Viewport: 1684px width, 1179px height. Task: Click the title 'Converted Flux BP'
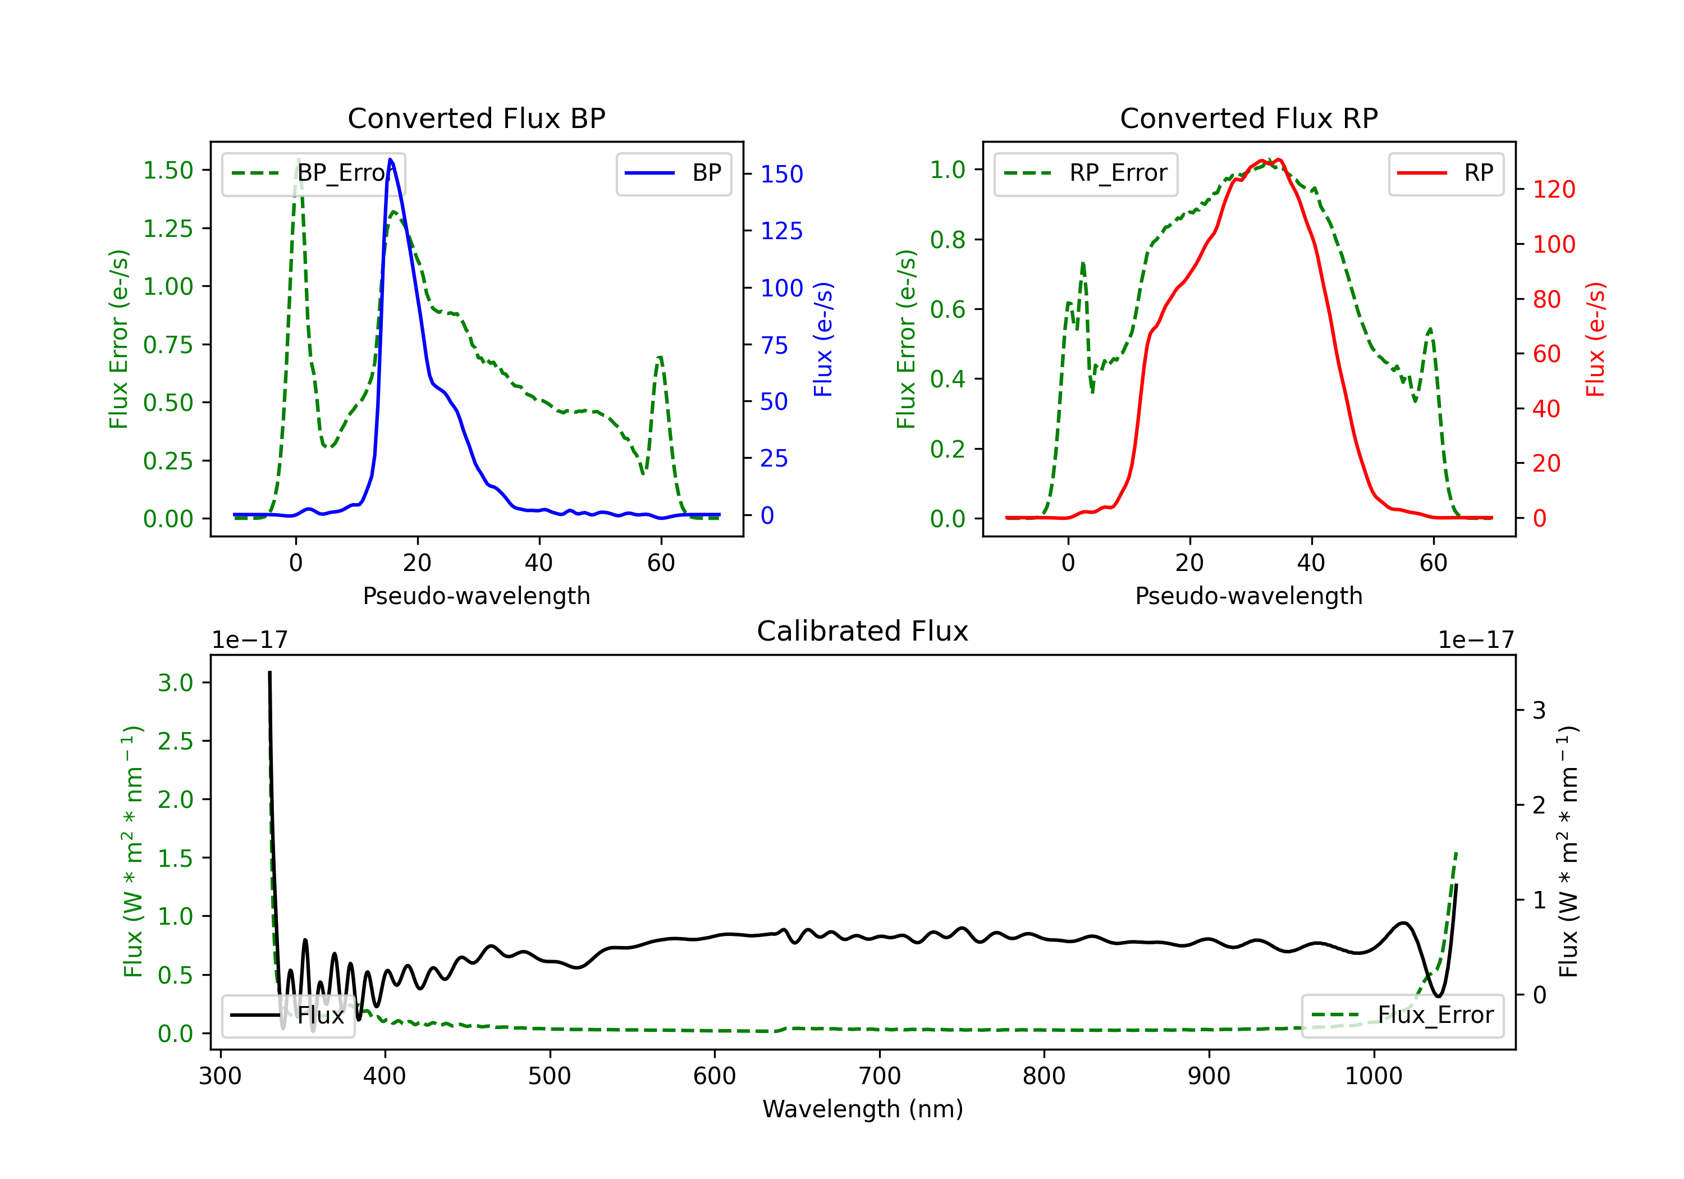tap(476, 118)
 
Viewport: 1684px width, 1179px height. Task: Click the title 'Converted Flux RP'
tap(1248, 118)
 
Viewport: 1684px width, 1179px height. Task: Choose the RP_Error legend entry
tap(1086, 173)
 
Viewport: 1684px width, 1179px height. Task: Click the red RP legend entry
tap(1445, 173)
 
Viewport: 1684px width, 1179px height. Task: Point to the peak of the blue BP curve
tap(390, 159)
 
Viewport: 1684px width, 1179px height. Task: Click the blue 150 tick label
tap(781, 174)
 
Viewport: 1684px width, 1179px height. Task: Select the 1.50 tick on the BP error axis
tap(168, 170)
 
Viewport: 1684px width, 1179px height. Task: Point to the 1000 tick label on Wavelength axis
tap(1373, 1076)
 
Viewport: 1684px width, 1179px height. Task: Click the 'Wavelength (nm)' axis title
tap(863, 1109)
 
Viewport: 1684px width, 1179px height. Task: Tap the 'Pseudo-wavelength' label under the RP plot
tap(1248, 596)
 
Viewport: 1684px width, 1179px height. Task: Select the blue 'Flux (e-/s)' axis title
tap(823, 339)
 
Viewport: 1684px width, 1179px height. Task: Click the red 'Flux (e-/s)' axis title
tap(1595, 339)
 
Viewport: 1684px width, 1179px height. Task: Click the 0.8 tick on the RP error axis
tap(947, 239)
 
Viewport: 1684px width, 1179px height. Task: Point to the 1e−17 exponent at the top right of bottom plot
tap(1476, 640)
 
